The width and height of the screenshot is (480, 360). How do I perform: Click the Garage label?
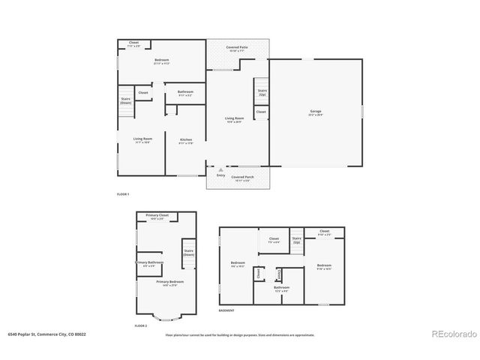pos(316,112)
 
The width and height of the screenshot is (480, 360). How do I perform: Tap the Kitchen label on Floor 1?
pos(186,141)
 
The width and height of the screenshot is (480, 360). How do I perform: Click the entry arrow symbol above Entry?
pos(220,170)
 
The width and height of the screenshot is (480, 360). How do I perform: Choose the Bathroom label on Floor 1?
pos(185,93)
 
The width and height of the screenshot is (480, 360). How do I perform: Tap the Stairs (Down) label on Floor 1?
pos(126,100)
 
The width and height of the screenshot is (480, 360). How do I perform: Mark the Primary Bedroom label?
pos(168,283)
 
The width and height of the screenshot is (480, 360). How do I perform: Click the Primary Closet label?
pos(157,216)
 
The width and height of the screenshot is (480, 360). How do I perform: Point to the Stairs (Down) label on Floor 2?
pos(189,253)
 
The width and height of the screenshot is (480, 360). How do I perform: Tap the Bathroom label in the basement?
pos(281,289)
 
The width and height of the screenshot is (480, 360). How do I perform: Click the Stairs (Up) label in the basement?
pos(297,241)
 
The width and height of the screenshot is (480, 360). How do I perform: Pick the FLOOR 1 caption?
pos(122,195)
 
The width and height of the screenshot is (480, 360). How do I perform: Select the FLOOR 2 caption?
pos(140,326)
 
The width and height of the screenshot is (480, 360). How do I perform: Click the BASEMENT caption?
pos(226,310)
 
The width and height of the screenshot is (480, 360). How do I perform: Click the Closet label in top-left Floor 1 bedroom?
pos(134,44)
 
